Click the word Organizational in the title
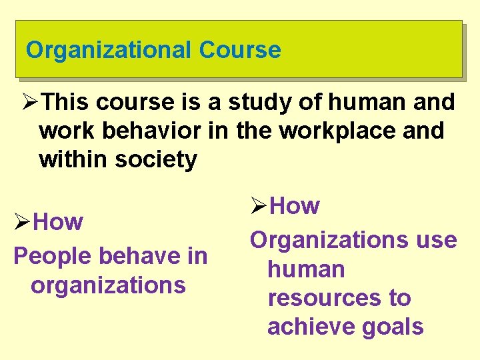(x=108, y=50)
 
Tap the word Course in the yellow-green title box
(x=239, y=50)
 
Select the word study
(x=261, y=102)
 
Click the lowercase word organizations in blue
(x=107, y=285)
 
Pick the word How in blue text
(x=58, y=221)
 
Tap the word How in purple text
(x=295, y=206)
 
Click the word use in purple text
(x=436, y=240)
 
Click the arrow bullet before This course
(x=29, y=103)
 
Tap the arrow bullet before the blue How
(x=23, y=222)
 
